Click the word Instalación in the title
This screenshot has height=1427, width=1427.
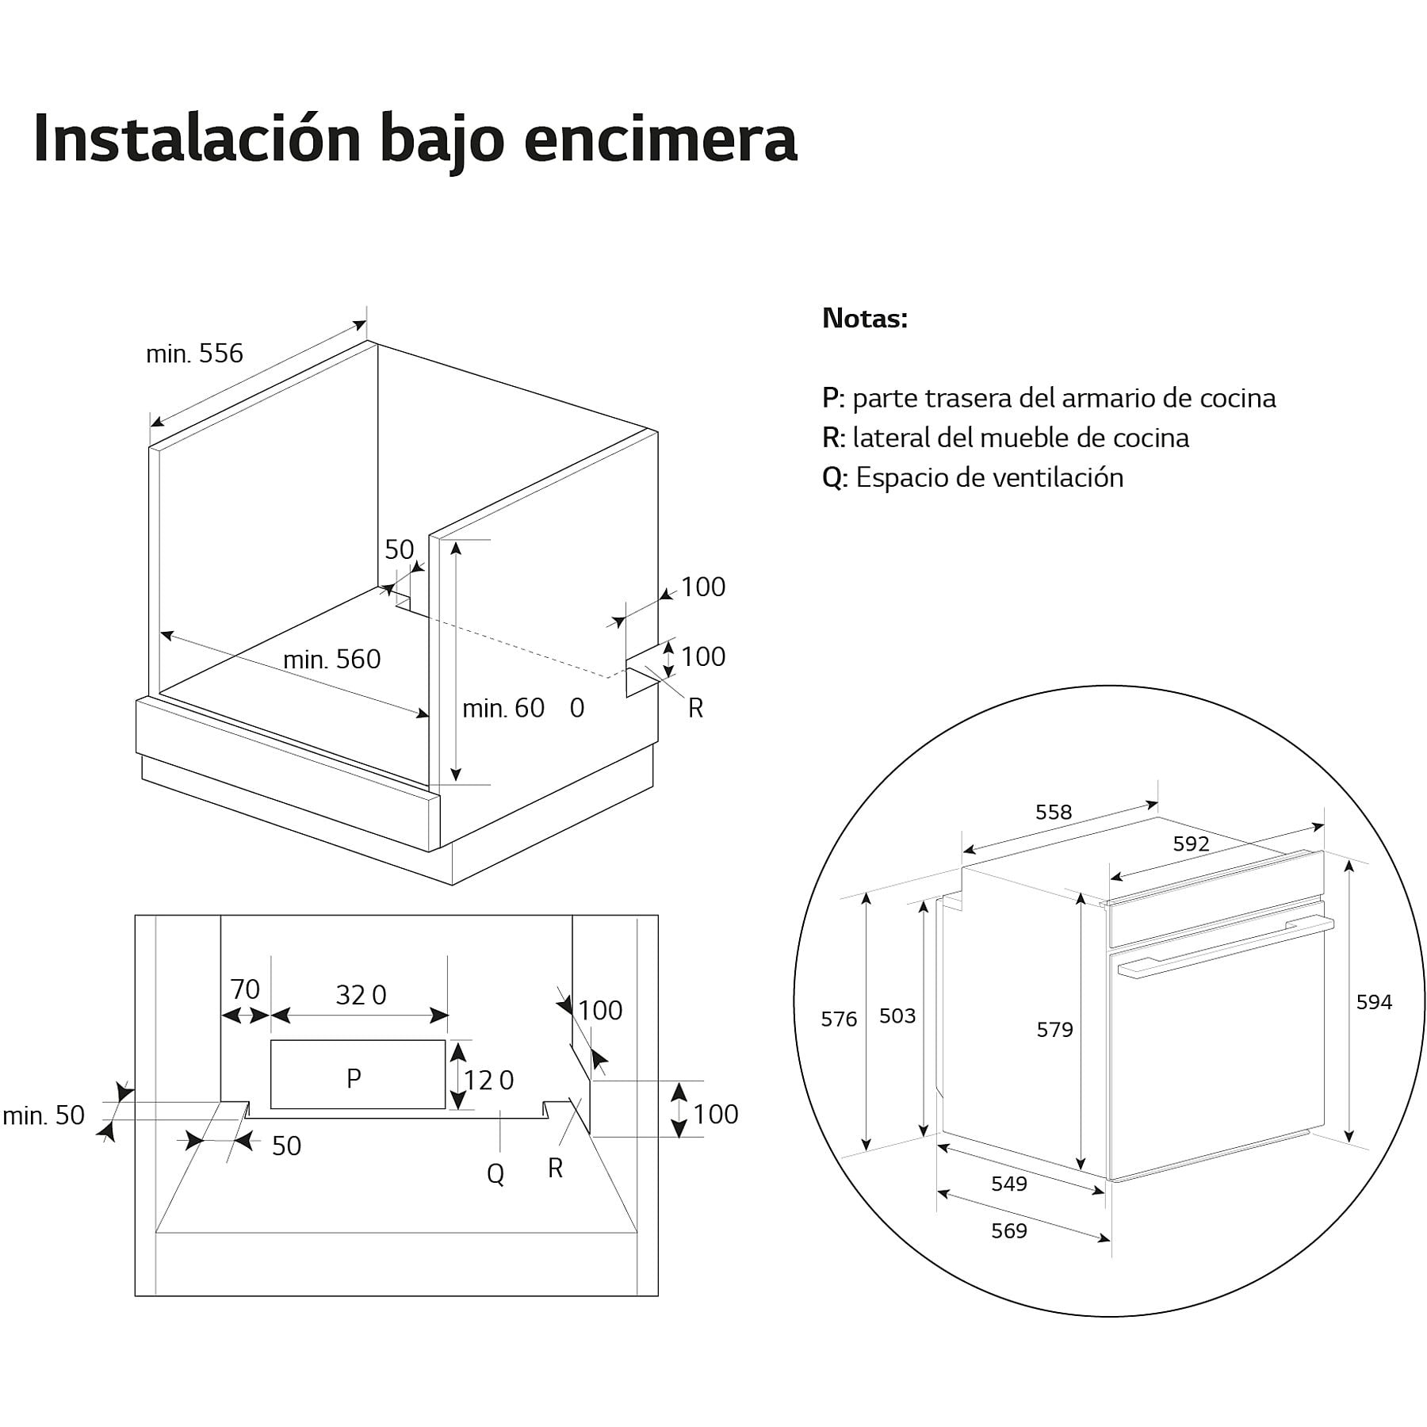point(198,139)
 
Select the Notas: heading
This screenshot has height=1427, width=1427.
point(865,319)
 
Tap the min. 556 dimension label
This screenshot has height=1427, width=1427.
point(194,354)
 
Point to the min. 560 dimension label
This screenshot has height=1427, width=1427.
point(331,659)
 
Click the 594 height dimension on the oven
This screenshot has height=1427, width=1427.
point(1374,1002)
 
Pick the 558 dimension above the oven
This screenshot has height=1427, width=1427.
point(1054,812)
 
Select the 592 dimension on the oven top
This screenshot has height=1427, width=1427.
point(1191,844)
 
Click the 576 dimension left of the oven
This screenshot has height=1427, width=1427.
point(839,1019)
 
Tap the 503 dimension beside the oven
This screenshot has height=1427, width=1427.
point(897,1016)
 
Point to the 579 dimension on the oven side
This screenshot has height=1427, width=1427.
point(1054,1029)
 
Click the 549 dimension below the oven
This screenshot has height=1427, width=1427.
point(1009,1184)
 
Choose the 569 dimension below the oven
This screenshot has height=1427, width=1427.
point(1009,1230)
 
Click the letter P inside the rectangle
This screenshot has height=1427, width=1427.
point(354,1077)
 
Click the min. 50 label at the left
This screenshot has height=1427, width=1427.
point(44,1115)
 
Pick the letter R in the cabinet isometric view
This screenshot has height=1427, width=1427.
point(695,708)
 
